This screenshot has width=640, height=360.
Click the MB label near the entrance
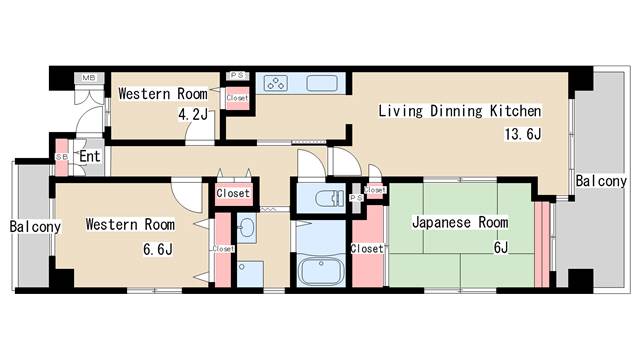89,78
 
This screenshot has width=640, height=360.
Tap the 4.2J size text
193,115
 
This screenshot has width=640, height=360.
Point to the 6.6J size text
159,247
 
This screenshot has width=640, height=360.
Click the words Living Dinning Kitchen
459,111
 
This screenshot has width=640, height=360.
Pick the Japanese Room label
460,222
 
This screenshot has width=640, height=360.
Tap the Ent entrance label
89,156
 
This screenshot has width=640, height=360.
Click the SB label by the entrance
61,158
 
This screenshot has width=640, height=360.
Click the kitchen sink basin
322,84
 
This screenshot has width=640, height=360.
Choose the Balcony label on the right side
601,181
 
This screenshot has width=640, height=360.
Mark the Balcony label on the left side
35,227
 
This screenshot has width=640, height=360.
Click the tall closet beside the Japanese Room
367,248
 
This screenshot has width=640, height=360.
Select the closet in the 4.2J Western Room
237,97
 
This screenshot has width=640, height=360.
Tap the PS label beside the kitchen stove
237,75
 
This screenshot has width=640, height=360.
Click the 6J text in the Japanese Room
500,248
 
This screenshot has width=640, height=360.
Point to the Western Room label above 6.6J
130,224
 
